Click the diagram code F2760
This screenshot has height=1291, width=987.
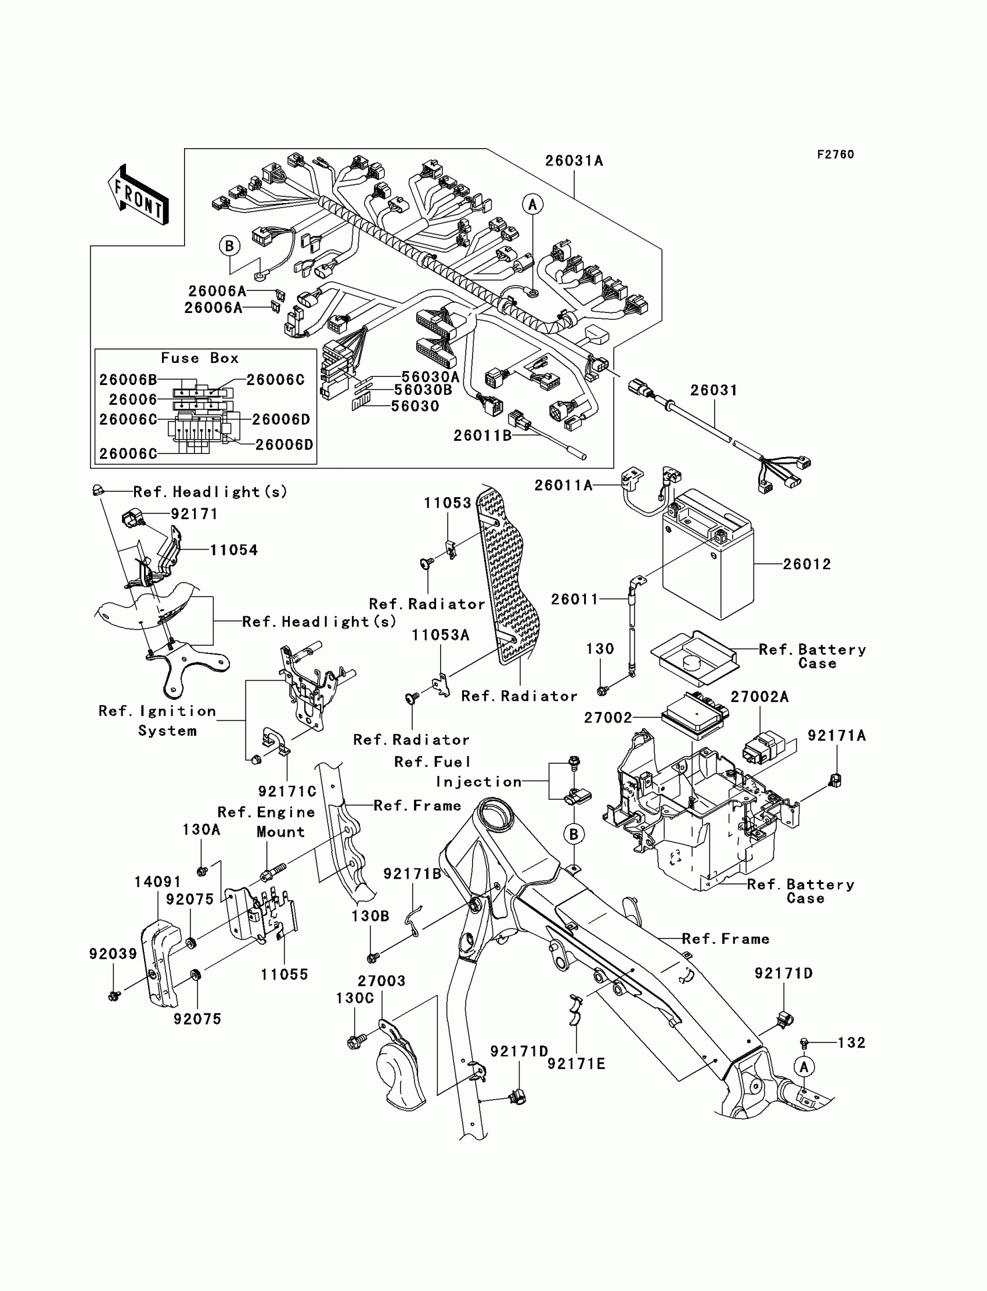click(x=835, y=154)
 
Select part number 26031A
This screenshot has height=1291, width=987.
click(x=574, y=161)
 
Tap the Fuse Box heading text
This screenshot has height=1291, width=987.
click(x=200, y=358)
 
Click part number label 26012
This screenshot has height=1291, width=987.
click(x=806, y=564)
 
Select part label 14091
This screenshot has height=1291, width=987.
click(x=157, y=882)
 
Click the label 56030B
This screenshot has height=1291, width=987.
click(x=423, y=390)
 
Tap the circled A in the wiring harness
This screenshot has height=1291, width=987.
click(x=533, y=204)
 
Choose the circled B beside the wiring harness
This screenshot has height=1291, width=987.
click(x=230, y=246)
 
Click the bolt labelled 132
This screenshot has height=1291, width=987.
click(x=804, y=1043)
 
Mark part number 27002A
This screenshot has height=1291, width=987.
click(x=759, y=697)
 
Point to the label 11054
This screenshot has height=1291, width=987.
click(x=234, y=551)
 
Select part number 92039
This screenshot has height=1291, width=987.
click(x=113, y=954)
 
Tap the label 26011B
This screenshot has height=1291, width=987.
click(x=482, y=436)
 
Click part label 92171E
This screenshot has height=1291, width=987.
click(x=577, y=1064)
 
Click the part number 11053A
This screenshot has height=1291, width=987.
click(x=441, y=635)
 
